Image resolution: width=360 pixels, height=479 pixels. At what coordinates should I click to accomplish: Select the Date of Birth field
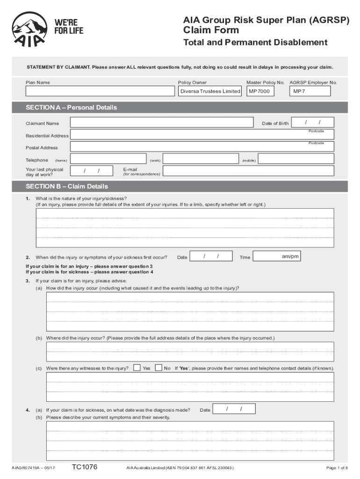click(313, 123)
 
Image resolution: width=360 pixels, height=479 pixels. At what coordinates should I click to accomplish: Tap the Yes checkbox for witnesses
click(137, 368)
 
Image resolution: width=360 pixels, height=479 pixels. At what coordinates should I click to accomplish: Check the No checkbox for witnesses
click(158, 368)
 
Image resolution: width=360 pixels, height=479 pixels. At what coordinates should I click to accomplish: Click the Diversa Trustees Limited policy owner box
click(210, 91)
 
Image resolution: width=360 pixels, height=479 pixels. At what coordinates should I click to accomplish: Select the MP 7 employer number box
click(312, 91)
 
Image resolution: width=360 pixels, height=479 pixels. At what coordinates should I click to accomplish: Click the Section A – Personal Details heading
click(71, 108)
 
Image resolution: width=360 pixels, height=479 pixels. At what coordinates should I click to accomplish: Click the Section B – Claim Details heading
click(67, 186)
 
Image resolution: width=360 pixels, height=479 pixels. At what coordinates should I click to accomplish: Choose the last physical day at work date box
click(92, 171)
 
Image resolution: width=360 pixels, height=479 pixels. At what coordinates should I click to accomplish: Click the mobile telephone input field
click(295, 159)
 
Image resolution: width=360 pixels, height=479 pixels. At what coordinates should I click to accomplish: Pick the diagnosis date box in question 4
click(234, 409)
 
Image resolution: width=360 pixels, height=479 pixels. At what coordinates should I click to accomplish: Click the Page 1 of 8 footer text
click(337, 468)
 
